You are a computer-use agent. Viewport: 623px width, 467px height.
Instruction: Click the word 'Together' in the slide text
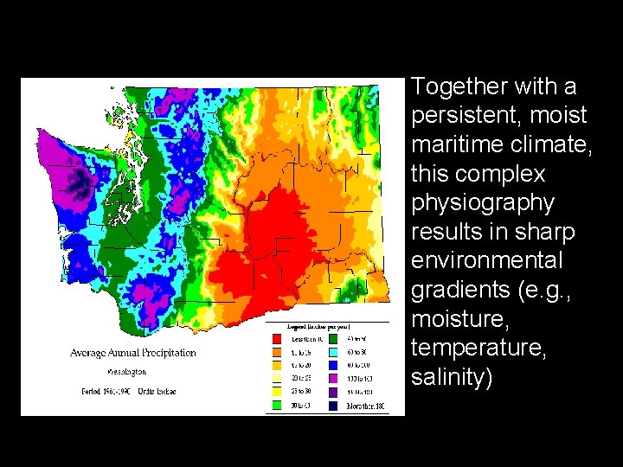pos(459,86)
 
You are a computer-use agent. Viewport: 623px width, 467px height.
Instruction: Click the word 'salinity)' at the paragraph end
pos(452,378)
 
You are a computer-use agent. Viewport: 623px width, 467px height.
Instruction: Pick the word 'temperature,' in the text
pos(469,349)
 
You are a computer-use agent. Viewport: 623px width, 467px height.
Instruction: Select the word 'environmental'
pos(487,261)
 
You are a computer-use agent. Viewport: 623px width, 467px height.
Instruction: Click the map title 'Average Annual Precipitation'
pos(133,353)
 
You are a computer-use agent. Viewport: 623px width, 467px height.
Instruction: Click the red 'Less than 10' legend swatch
pos(276,339)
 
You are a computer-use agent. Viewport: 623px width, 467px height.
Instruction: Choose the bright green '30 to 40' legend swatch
pos(276,405)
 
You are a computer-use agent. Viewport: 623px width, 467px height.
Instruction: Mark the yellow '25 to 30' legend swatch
pos(276,392)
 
